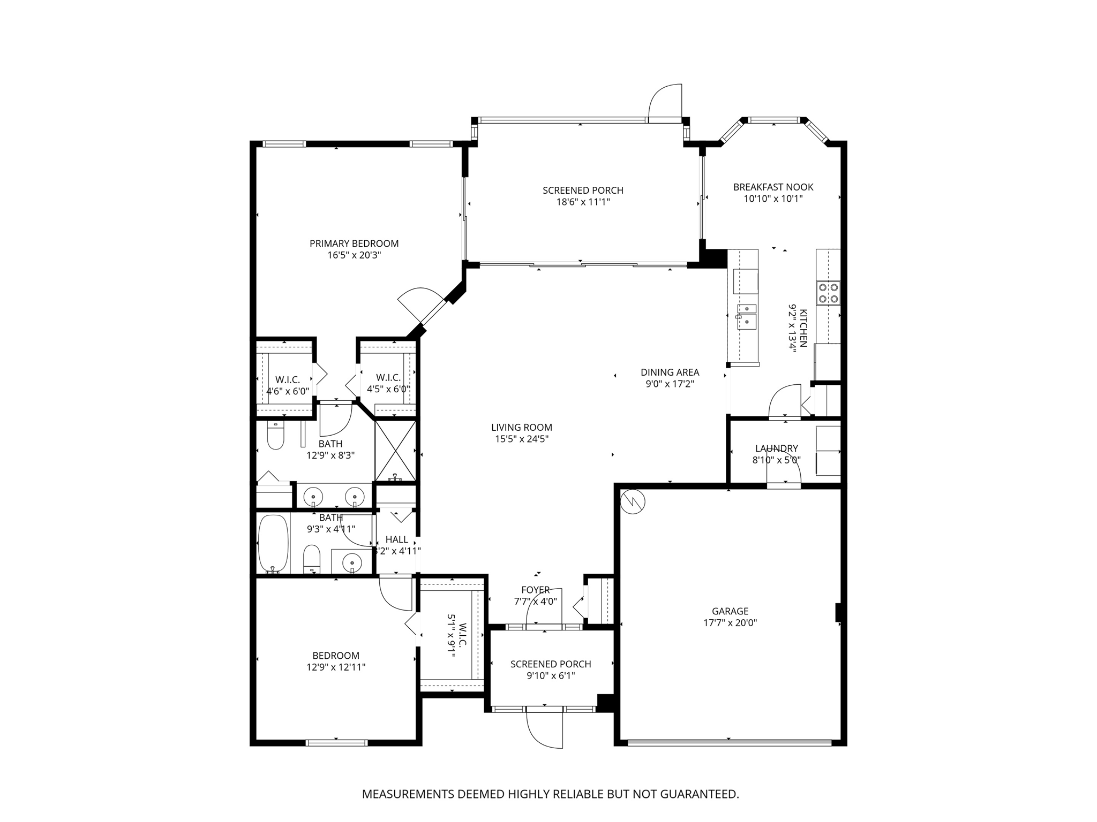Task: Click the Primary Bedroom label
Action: point(354,243)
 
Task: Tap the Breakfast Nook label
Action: point(773,187)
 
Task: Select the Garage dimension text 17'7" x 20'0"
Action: point(730,623)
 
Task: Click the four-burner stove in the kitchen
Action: point(828,293)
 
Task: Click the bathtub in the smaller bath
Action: point(273,544)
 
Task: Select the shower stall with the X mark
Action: point(395,451)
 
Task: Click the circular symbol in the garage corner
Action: point(633,501)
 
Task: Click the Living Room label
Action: point(522,428)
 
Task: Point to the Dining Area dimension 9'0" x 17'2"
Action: point(670,384)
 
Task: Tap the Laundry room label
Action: point(777,448)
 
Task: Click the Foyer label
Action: point(536,590)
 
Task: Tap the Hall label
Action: point(397,539)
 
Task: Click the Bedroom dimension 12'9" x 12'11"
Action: point(336,667)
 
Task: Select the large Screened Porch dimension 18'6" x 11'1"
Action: point(583,202)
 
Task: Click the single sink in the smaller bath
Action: point(351,562)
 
